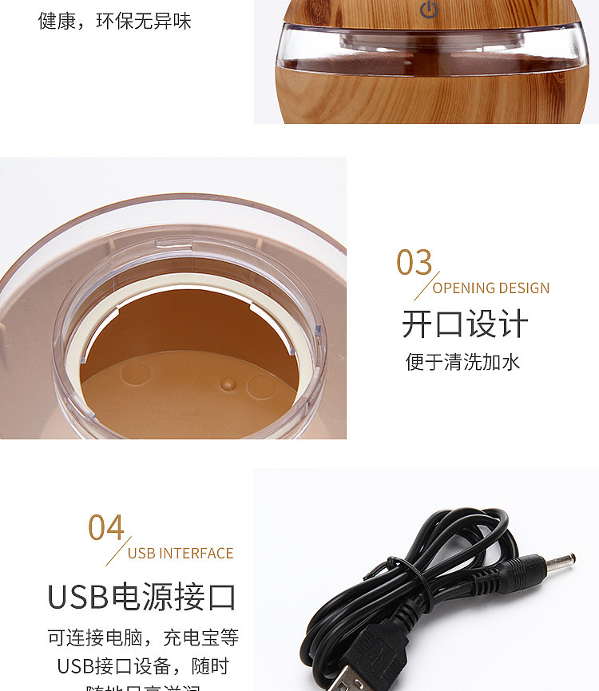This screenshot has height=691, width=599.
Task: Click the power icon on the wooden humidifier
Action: (x=430, y=10)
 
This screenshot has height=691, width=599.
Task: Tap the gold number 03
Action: (x=414, y=263)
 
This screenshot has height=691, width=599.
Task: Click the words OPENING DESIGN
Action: (x=491, y=288)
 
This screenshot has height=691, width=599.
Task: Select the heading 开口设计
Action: (x=465, y=325)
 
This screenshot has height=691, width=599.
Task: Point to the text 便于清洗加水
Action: (x=462, y=362)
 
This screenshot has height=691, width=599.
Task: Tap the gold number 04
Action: (x=106, y=528)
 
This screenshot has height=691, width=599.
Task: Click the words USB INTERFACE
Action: (x=180, y=554)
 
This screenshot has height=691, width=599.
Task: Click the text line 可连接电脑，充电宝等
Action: (x=143, y=637)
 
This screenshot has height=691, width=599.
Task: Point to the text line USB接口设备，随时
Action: (x=143, y=665)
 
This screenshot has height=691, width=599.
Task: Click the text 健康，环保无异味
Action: (x=115, y=21)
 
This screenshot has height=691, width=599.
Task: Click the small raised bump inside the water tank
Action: (x=230, y=384)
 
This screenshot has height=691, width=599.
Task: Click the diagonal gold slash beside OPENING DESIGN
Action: (x=426, y=286)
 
